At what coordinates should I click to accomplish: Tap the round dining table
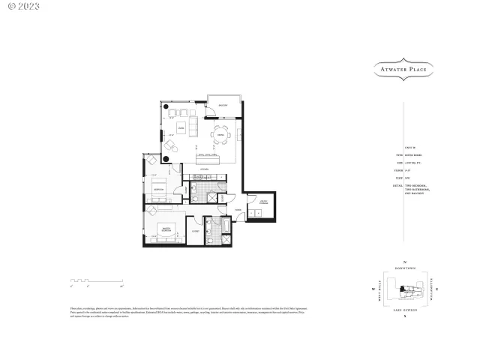coord(220,135)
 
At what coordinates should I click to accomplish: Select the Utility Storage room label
coord(264,201)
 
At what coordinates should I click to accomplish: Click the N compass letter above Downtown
coord(404,260)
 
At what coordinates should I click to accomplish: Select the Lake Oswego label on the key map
coord(404,310)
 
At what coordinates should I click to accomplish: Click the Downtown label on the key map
coord(404,266)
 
